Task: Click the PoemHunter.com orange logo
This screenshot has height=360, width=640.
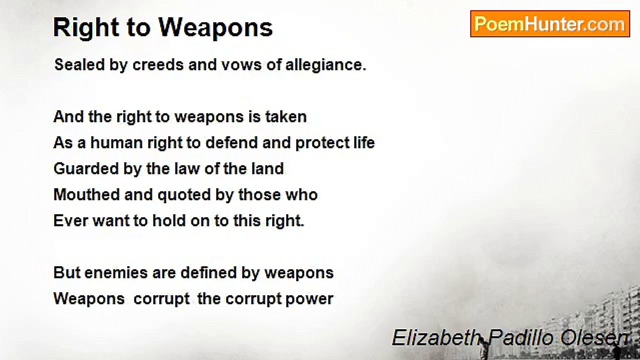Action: point(550,24)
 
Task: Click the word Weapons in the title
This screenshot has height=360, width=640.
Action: point(215,27)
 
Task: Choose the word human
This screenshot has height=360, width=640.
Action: point(116,143)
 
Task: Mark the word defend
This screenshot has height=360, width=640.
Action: point(231,143)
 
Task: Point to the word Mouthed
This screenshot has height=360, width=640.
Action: point(87,194)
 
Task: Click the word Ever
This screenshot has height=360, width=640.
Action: point(70,220)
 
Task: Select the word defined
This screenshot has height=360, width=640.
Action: point(208,272)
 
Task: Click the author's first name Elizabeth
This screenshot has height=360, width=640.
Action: point(435,338)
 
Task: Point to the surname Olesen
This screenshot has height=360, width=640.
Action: point(595,338)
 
